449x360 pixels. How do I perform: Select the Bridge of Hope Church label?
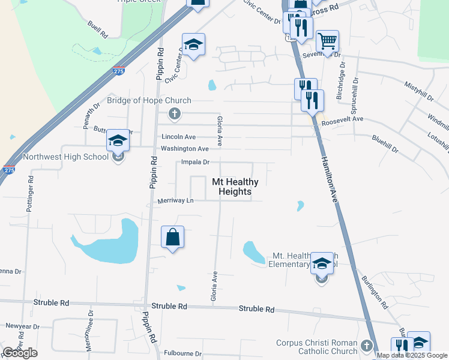pyautogui.click(x=149, y=101)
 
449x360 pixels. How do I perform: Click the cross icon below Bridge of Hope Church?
pyautogui.click(x=175, y=113)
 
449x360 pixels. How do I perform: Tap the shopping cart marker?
pyautogui.click(x=327, y=42)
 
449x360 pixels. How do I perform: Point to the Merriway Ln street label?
pyautogui.click(x=176, y=200)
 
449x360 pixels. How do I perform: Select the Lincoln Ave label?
pyautogui.click(x=179, y=137)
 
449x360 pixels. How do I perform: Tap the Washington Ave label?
pyautogui.click(x=185, y=148)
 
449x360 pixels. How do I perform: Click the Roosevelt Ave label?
pyautogui.click(x=343, y=119)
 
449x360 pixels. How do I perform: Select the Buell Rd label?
pyautogui.click(x=98, y=27)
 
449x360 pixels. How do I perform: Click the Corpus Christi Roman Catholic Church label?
pyautogui.click(x=316, y=347)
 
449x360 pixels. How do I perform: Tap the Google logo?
pyautogui.click(x=20, y=353)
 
